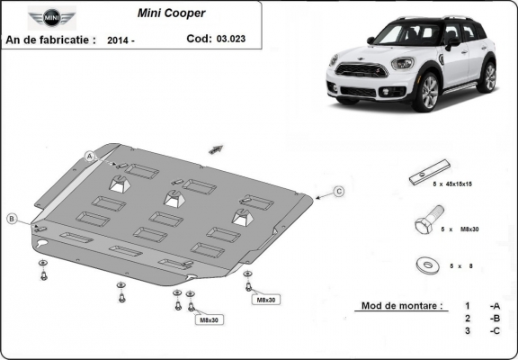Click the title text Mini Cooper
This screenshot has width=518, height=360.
(170, 14)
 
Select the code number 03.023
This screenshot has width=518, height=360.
(229, 39)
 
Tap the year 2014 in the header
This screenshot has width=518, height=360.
(120, 40)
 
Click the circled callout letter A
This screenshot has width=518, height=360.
(91, 156)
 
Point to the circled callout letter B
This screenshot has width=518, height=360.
(12, 219)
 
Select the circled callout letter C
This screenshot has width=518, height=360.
(339, 191)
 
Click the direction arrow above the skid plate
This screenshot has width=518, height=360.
(216, 147)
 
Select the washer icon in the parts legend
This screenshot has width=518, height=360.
(424, 265)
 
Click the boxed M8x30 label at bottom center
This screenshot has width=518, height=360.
(208, 319)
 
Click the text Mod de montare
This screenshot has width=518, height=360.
(401, 306)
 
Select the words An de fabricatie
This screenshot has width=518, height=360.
(50, 40)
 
